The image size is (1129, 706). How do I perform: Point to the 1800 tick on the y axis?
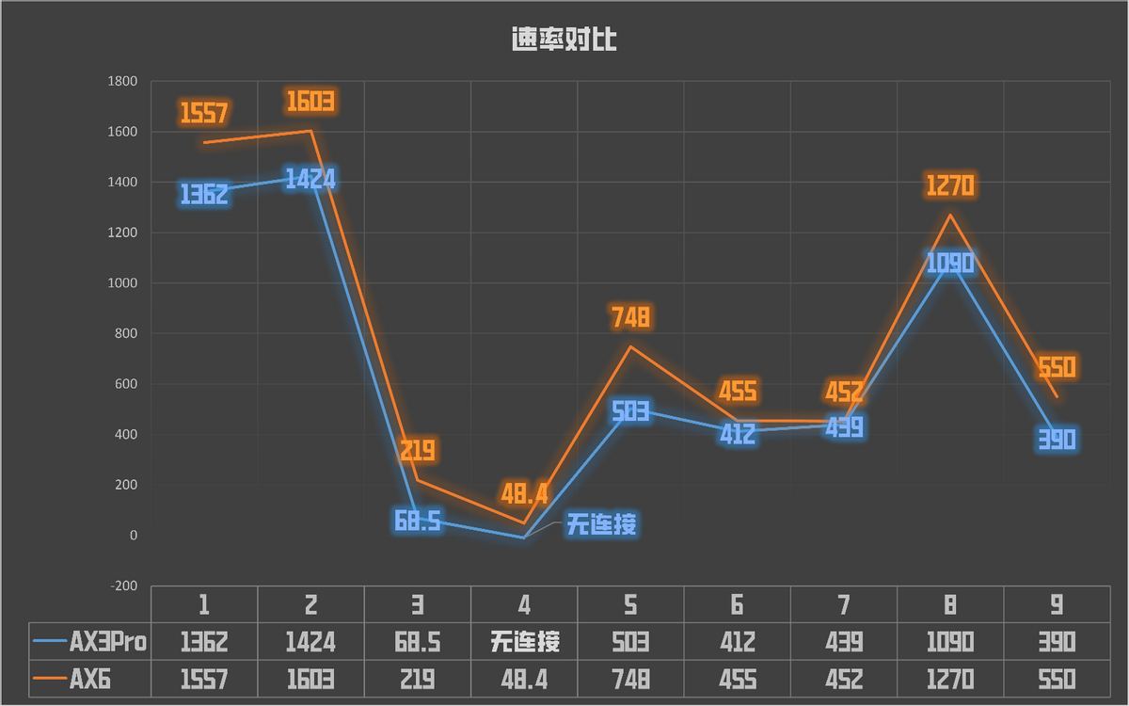click(123, 82)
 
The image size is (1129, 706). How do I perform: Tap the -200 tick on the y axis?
click(123, 586)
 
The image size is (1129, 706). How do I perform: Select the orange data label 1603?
click(310, 101)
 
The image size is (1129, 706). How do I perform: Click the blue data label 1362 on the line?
click(204, 195)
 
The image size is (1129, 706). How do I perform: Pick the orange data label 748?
click(630, 317)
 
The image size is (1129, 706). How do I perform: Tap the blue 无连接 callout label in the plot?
click(601, 524)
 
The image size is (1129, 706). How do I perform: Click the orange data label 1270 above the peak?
click(950, 185)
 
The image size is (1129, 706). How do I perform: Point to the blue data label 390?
click(1057, 440)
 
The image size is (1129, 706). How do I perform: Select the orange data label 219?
click(417, 451)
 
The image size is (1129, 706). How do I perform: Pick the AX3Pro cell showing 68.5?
click(417, 643)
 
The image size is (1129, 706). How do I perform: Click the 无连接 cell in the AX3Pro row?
click(524, 643)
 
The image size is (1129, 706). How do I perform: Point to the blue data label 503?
click(630, 412)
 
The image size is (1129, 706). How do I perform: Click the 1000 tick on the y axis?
click(123, 283)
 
